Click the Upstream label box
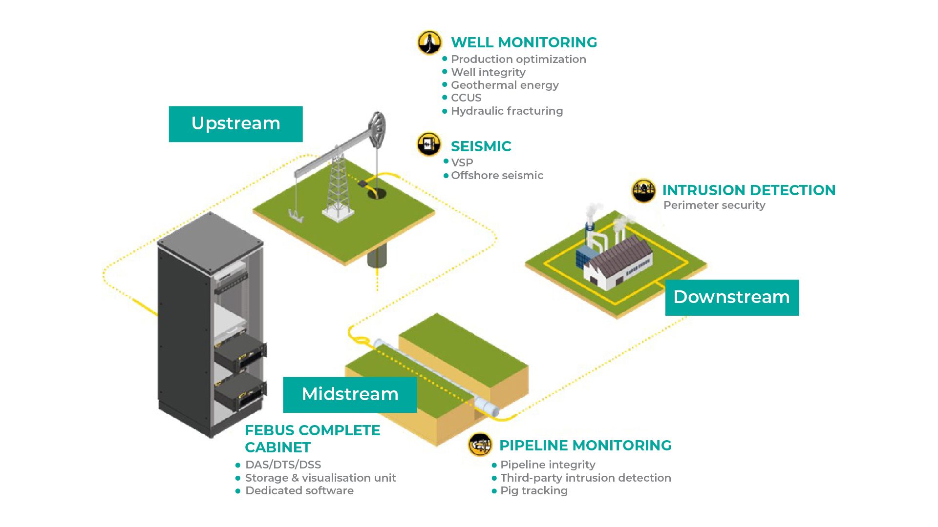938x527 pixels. coord(235,124)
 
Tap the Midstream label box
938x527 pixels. coord(350,394)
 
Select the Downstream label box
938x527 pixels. coord(731,297)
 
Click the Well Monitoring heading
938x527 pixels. coord(524,42)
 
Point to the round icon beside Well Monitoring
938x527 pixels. coord(429,42)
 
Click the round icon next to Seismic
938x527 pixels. coord(429,144)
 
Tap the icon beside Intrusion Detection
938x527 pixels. coord(643,190)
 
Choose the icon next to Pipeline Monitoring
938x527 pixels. coord(480,445)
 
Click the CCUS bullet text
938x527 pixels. coord(466,98)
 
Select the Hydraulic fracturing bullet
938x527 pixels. coord(507,111)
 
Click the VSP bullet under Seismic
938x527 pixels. coord(462,162)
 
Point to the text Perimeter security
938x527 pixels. coord(714,205)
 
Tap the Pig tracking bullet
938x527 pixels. coord(533,490)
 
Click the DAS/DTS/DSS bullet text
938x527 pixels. coord(283,465)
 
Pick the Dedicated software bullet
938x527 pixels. coord(299,490)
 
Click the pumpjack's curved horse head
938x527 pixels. coord(378,128)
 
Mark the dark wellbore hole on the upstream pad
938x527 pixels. coord(377,194)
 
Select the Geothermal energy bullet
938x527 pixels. coord(504,85)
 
